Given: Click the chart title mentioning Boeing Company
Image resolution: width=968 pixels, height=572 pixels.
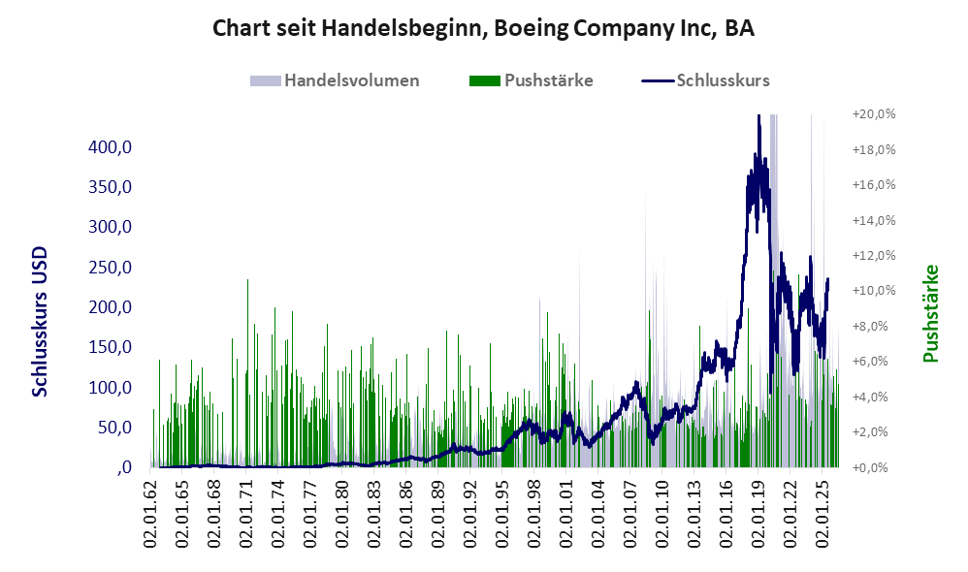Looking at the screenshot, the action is pyautogui.click(x=483, y=28).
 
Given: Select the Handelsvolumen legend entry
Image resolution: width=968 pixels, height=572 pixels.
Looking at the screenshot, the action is pyautogui.click(x=335, y=80).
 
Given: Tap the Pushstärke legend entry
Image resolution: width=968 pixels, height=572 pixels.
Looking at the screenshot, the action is pyautogui.click(x=531, y=80).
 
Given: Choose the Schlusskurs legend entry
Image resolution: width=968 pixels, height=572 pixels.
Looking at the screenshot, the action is pyautogui.click(x=705, y=80).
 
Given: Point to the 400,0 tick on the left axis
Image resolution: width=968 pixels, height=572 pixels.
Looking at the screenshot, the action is pyautogui.click(x=110, y=146).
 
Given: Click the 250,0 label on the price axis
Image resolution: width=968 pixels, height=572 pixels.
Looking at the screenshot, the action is pyautogui.click(x=110, y=268).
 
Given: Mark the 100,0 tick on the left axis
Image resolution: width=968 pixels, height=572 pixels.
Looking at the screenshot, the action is pyautogui.click(x=110, y=388).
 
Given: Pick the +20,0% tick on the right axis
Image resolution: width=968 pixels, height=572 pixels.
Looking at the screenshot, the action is pyautogui.click(x=874, y=114).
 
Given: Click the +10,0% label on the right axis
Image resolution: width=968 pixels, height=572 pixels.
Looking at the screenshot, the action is pyautogui.click(x=874, y=291).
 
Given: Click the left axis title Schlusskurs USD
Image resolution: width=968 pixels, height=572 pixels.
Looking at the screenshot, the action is pyautogui.click(x=40, y=322).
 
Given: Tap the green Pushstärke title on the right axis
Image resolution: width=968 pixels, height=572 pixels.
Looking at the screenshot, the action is pyautogui.click(x=930, y=313).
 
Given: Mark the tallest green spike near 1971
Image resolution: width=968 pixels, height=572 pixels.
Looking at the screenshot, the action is pyautogui.click(x=247, y=280).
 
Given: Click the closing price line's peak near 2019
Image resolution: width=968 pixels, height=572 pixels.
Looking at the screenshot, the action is pyautogui.click(x=758, y=115).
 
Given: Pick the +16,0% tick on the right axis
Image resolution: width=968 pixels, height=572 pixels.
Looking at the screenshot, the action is pyautogui.click(x=874, y=184).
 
